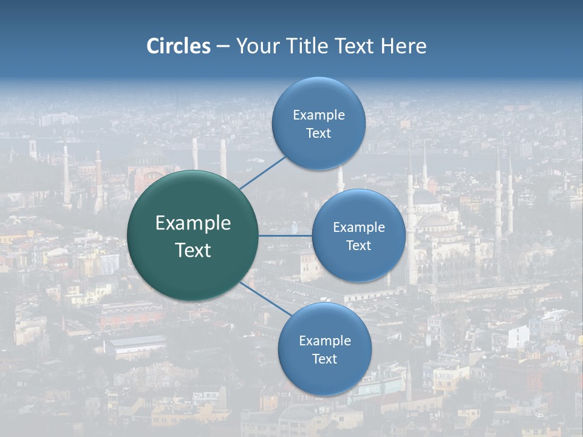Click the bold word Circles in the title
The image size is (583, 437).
[179, 46]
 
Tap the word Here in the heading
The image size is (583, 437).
[403, 46]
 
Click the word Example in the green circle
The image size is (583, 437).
[193, 223]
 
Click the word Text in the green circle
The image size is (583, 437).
[193, 250]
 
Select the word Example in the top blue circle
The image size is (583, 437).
[319, 115]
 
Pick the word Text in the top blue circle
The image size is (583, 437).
[319, 134]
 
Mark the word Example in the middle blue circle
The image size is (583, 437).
[359, 228]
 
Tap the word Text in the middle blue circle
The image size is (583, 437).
[359, 246]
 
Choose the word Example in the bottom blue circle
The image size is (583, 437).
[325, 341]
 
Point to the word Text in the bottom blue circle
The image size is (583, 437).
[325, 359]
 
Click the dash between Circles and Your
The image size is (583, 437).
[223, 47]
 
